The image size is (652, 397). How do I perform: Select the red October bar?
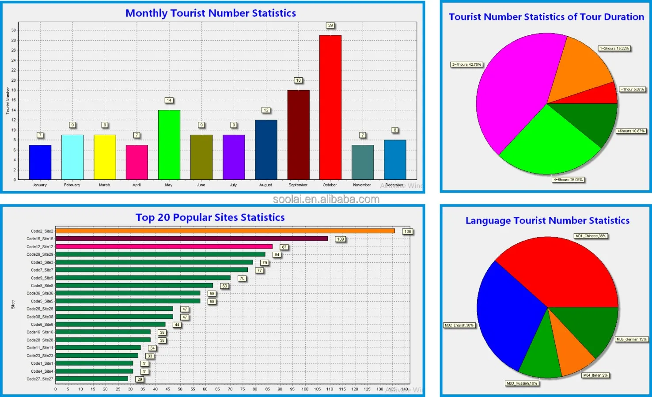pos(330,107)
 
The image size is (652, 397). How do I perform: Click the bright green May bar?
pos(169,144)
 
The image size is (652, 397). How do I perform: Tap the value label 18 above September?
pos(299,80)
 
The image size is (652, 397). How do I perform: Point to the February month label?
pos(72,185)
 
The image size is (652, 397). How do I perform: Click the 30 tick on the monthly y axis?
pos(14,30)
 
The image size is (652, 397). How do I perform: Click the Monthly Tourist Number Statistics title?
pos(211,13)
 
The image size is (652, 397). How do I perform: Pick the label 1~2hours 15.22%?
pos(614,49)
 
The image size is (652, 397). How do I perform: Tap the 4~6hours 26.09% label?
pos(568,180)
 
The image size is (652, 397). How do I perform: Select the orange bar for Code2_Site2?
pos(225,231)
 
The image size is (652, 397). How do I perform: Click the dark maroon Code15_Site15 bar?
pos(192,238)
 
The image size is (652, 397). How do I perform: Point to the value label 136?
pos(407,231)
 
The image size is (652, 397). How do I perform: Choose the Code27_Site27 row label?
pos(40,379)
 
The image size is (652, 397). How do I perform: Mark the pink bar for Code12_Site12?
pos(164,246)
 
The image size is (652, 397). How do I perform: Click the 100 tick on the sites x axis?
pos(305,389)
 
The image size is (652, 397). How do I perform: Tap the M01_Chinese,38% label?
pos(591,236)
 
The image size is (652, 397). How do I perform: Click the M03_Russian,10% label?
pos(522,383)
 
